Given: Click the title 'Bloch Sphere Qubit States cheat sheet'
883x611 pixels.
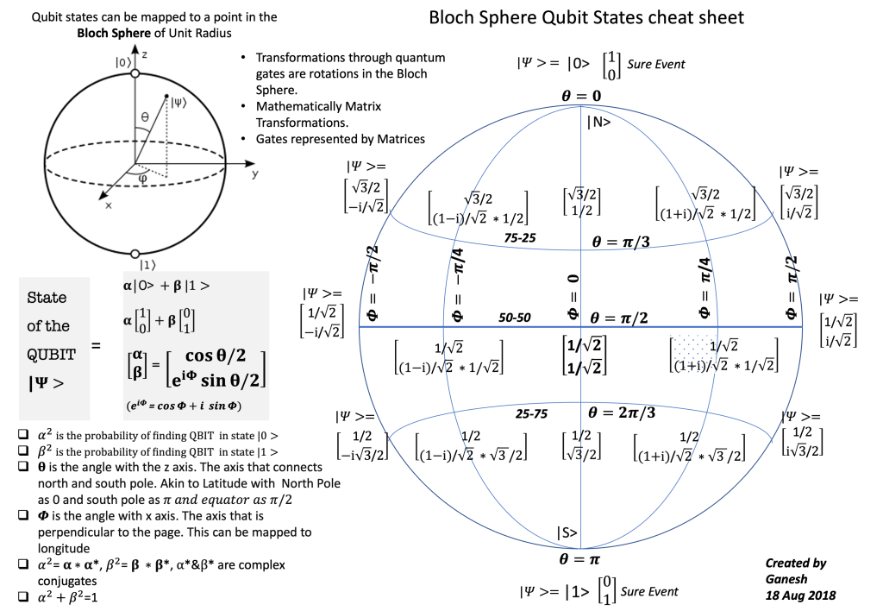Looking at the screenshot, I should point(586,17).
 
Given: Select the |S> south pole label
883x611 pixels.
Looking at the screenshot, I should point(567,532).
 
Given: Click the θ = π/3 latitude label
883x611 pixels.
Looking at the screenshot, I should point(621,242).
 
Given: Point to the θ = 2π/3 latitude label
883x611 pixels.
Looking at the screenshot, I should point(622,413).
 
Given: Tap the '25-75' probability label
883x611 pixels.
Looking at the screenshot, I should point(531,414).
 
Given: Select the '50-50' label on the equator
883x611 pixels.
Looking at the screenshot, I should point(515,318).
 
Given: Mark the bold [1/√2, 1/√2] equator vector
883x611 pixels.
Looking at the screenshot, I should point(583,355).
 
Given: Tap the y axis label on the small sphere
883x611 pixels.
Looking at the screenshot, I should point(256,173).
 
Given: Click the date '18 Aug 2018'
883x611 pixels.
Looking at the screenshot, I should point(800,595).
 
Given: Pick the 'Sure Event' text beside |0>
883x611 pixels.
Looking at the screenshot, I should point(656,64).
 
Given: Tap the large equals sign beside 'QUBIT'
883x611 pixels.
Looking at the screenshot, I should point(96,346).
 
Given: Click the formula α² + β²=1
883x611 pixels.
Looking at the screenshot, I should point(65,595).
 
